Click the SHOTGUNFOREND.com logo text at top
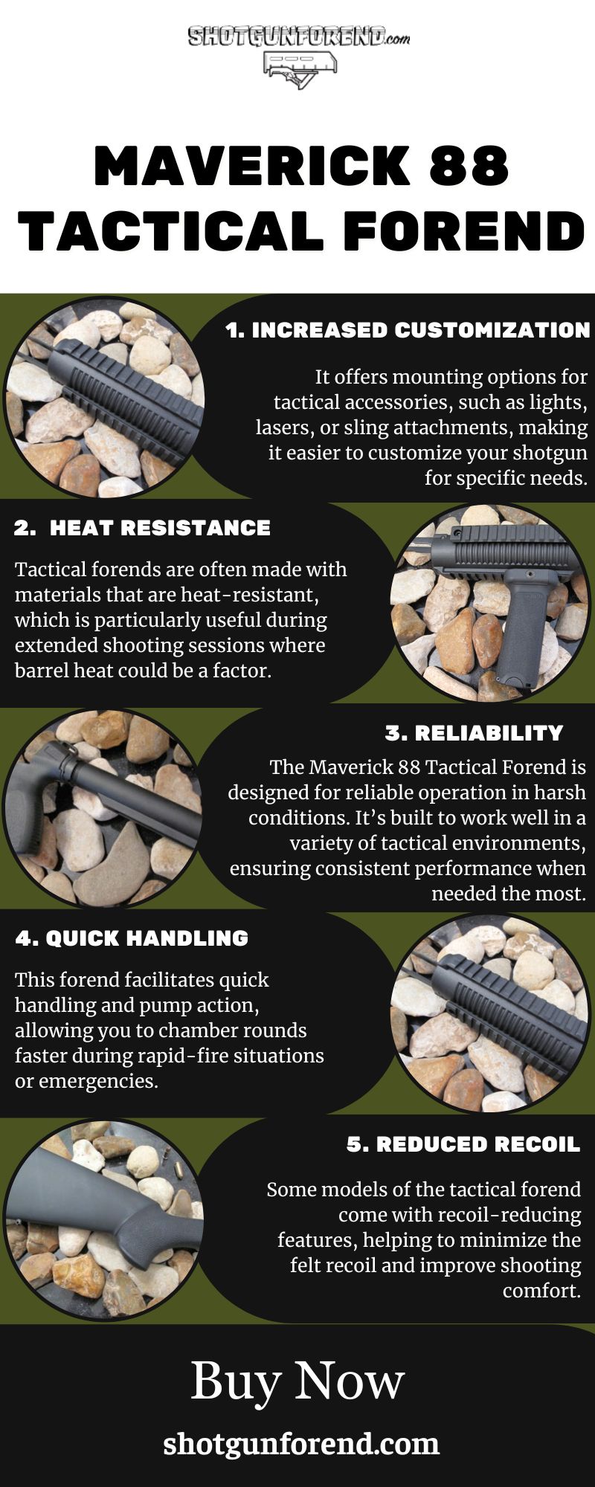pos(297,37)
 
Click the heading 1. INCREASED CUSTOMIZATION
pos(408,331)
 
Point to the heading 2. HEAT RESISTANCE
pos(142,528)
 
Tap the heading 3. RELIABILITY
pos(474,733)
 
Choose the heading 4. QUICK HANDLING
pos(132,938)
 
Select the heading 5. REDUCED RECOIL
pos(463,1144)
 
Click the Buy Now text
pos(297,1381)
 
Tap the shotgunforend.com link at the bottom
pos(301,1444)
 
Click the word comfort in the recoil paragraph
pos(541,1291)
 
